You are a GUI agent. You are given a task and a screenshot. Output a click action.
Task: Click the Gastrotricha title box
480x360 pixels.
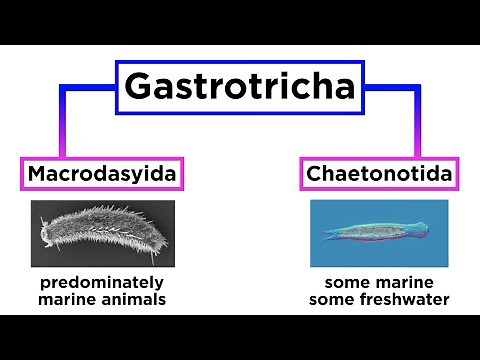[x=239, y=86]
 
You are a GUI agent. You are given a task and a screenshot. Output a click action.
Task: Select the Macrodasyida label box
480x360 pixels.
[x=103, y=175]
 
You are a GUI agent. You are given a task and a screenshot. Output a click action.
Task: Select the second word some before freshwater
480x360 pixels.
[x=331, y=300]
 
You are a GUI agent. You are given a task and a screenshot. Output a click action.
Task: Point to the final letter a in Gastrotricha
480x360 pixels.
[x=341, y=88]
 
